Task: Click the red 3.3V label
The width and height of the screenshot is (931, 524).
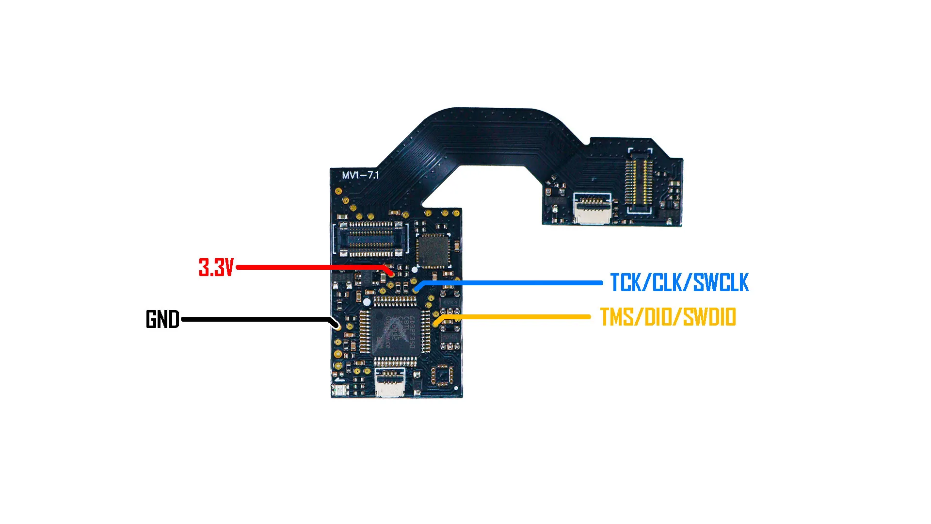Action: point(216,267)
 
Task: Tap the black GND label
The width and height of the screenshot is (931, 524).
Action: point(162,319)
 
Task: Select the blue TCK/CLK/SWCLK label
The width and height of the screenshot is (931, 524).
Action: point(679,283)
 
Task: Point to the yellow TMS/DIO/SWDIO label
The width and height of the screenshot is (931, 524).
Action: point(668,317)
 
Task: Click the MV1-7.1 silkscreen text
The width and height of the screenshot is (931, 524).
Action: point(360,175)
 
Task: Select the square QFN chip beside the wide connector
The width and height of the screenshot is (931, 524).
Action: point(433,251)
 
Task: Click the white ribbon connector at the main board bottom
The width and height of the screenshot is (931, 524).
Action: point(390,382)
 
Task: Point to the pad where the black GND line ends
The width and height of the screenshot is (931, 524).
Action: point(337,326)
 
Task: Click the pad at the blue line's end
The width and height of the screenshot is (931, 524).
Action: point(416,290)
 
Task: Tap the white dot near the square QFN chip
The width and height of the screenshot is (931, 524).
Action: point(414,269)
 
